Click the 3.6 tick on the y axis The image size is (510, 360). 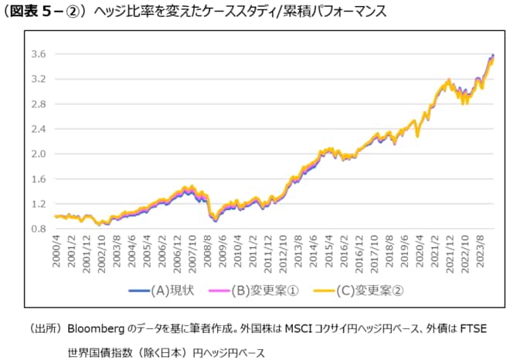(x=39, y=54)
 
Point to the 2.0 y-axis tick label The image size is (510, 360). (x=39, y=154)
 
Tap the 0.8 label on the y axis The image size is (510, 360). (x=39, y=229)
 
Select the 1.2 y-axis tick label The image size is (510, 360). (x=39, y=204)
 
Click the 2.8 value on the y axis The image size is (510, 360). (x=39, y=104)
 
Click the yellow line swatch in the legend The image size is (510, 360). (x=328, y=290)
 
